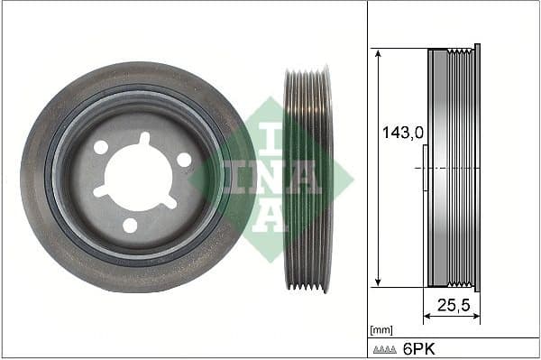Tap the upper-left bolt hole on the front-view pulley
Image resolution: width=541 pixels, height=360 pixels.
[101, 147]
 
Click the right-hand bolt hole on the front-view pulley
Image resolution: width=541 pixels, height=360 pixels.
[184, 160]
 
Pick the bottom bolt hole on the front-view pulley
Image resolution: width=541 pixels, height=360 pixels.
[131, 225]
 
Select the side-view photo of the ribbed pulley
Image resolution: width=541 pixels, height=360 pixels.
[307, 179]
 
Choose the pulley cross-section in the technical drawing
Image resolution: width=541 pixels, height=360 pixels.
[454, 167]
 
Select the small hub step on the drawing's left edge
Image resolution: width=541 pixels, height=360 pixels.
[426, 178]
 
